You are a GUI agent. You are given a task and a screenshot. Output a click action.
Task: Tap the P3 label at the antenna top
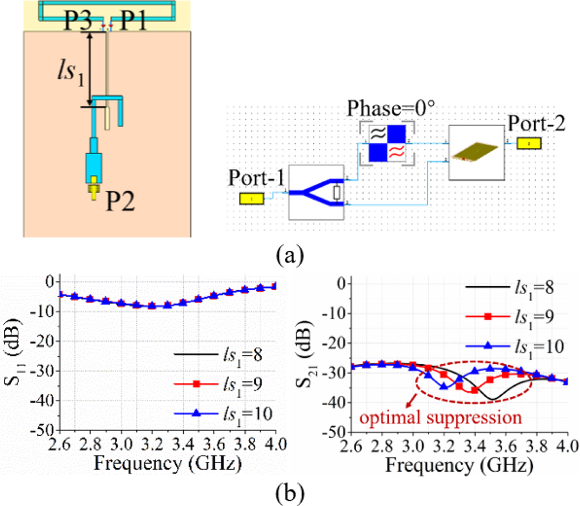click(x=78, y=23)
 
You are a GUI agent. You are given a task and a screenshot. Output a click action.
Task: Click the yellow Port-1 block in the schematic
click(x=252, y=199)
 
